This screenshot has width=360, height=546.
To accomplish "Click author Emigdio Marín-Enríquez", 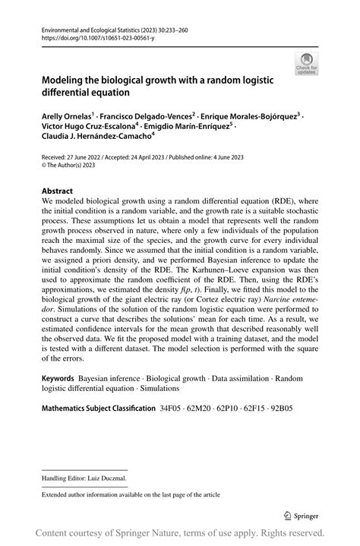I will pos(192,127).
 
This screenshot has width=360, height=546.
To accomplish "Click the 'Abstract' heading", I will pos(58,191).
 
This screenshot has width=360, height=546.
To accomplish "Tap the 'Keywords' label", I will pos(58,377).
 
